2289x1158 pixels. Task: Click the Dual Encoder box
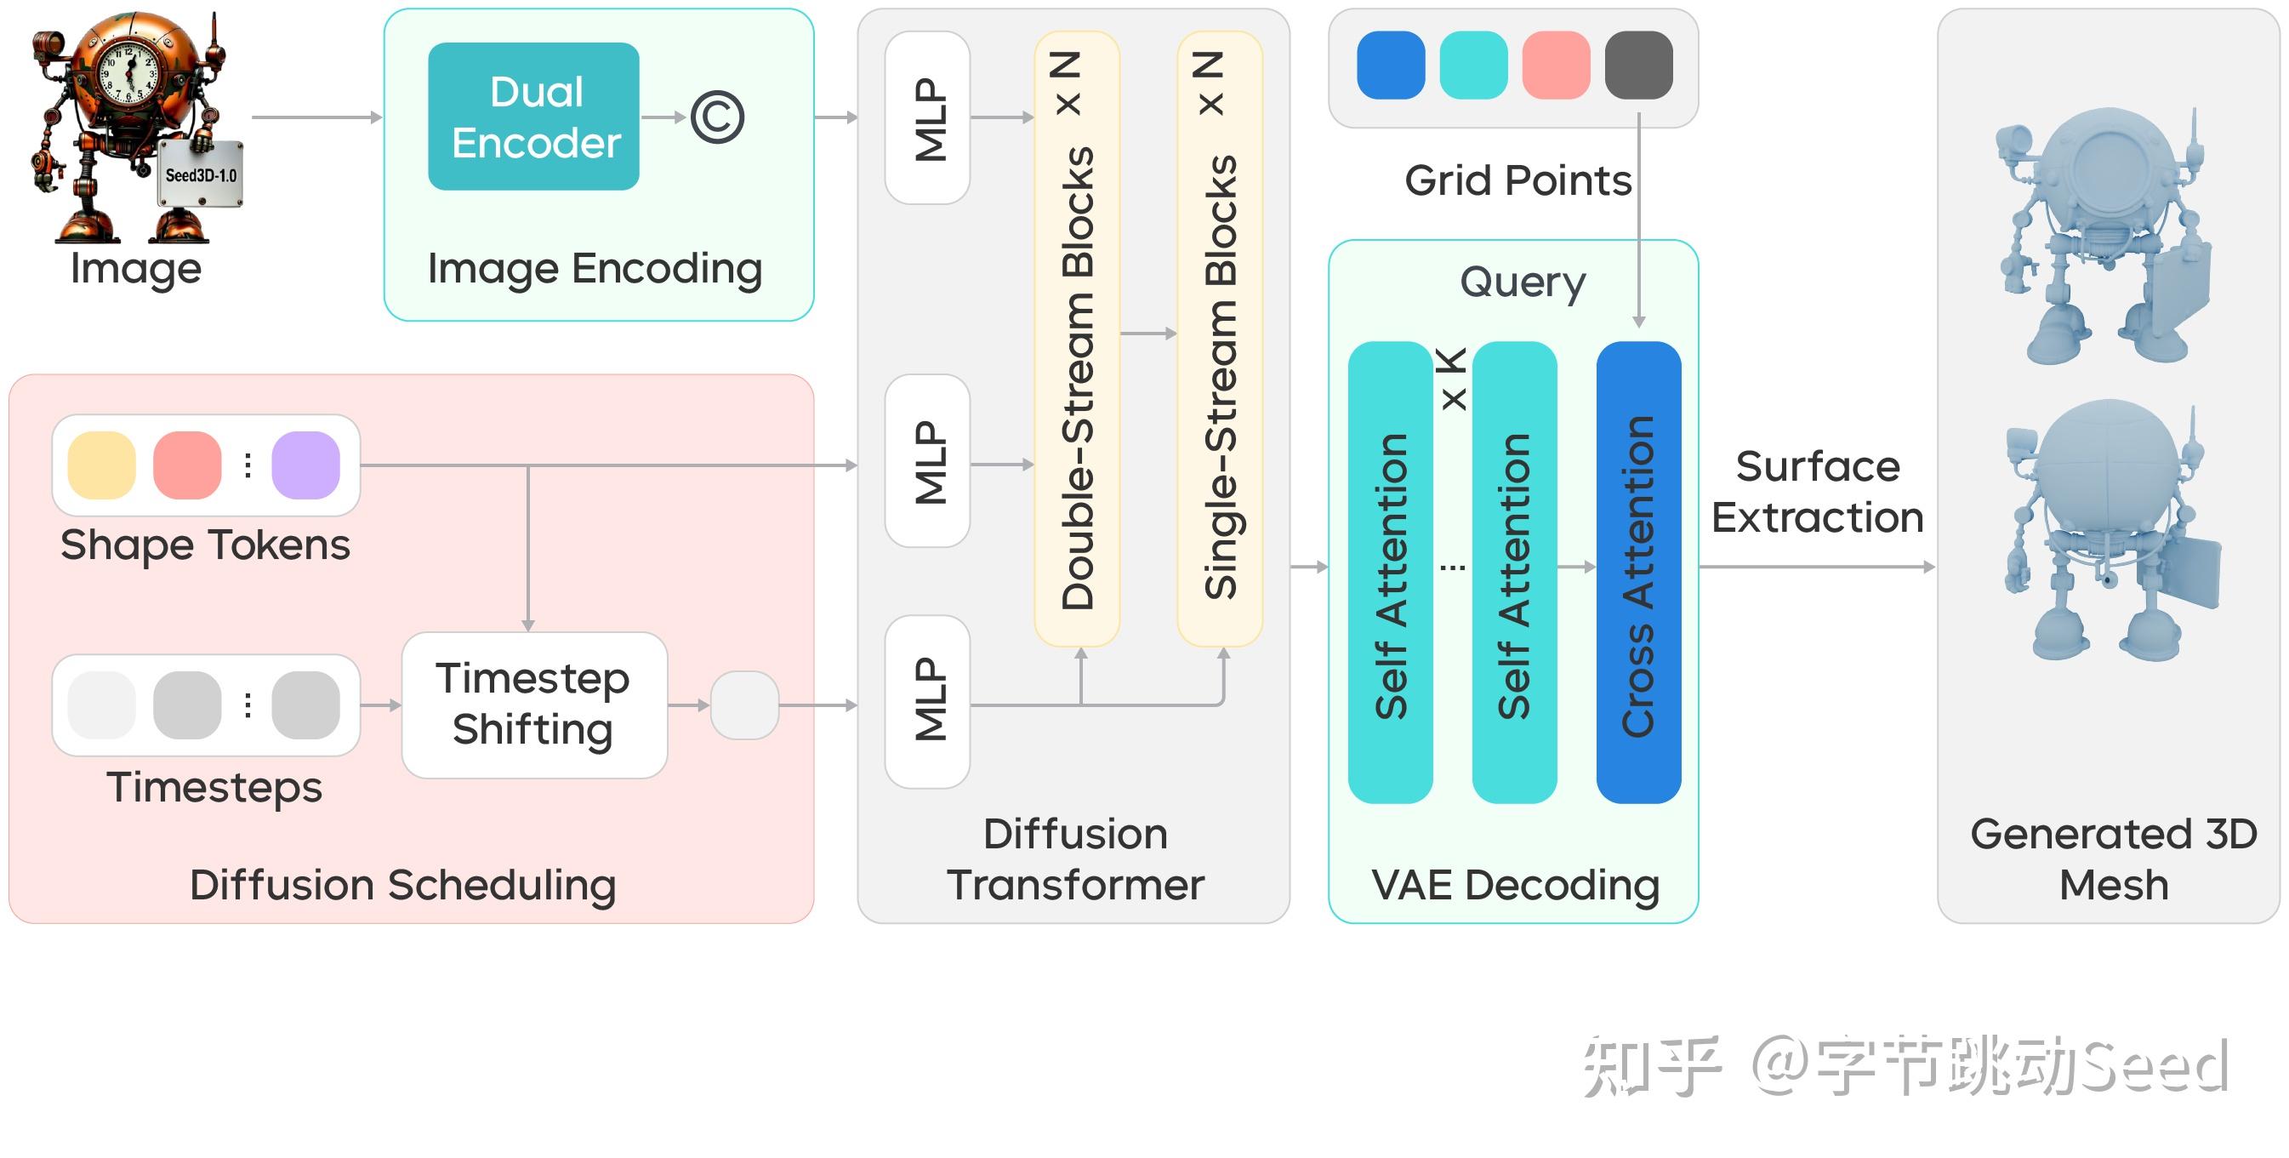click(x=533, y=117)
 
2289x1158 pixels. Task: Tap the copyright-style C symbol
click(x=717, y=117)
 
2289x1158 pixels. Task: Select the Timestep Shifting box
click(x=534, y=704)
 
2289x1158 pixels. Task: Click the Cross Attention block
click(x=1637, y=573)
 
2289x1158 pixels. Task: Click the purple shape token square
click(x=305, y=465)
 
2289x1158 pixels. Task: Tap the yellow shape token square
click(x=102, y=465)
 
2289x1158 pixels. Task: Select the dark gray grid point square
click(x=1637, y=65)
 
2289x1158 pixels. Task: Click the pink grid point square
click(x=1555, y=65)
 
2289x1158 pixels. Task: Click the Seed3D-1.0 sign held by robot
click(x=201, y=174)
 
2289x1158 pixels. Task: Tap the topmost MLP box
click(x=927, y=118)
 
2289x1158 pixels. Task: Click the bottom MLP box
click(x=927, y=701)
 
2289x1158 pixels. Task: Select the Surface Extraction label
click(x=1817, y=492)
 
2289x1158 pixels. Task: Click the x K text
click(x=1452, y=380)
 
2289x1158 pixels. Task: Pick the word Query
click(x=1522, y=282)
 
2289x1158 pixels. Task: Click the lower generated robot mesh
click(x=2110, y=533)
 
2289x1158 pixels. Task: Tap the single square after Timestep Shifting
click(x=744, y=704)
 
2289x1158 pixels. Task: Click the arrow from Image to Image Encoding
click(x=316, y=117)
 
